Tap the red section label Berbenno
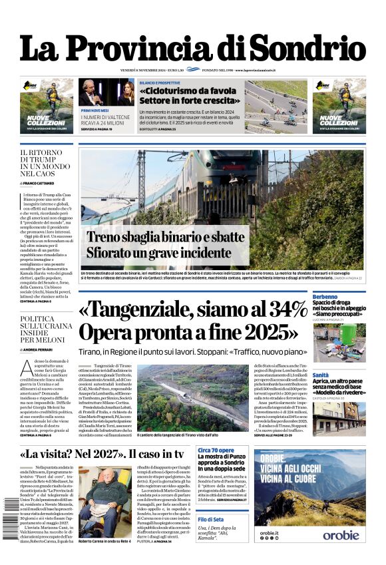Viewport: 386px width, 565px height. click(x=325, y=297)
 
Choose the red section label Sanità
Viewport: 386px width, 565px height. click(x=321, y=376)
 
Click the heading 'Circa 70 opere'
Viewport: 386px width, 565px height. click(x=215, y=451)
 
